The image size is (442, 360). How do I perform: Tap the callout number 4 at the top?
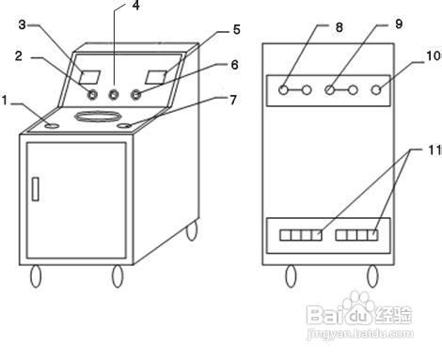click(x=135, y=6)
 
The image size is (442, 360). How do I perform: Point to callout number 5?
click(x=236, y=29)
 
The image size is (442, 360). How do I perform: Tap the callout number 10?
click(x=433, y=56)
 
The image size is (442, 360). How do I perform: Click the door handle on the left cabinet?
click(x=34, y=186)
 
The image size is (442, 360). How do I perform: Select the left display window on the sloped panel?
click(x=91, y=75)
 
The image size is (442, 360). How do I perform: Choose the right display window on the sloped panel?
click(x=157, y=73)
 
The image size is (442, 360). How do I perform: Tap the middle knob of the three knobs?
click(x=115, y=94)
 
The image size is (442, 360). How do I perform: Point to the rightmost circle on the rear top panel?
click(x=378, y=89)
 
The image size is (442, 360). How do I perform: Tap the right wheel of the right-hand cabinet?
click(x=372, y=274)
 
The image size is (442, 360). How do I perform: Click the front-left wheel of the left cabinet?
click(x=39, y=276)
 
